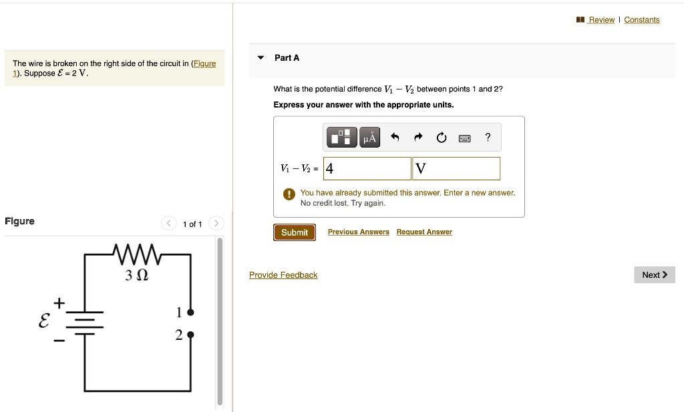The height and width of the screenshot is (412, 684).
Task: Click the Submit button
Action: click(x=294, y=232)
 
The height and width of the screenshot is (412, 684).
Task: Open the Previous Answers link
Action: click(x=358, y=232)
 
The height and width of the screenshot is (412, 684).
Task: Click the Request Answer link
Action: click(x=424, y=232)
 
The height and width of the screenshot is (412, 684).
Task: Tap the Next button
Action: click(x=654, y=275)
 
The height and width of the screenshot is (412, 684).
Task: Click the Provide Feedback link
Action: click(x=283, y=275)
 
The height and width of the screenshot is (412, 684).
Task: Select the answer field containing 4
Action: click(x=367, y=169)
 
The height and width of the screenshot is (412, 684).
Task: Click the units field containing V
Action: click(x=457, y=169)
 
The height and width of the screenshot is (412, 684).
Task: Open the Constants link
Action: click(x=641, y=20)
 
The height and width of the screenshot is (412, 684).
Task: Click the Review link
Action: click(x=601, y=20)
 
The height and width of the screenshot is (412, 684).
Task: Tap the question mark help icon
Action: click(x=488, y=138)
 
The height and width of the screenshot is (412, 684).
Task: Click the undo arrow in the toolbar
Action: click(x=395, y=138)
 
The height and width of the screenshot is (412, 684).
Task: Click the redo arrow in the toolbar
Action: click(x=418, y=138)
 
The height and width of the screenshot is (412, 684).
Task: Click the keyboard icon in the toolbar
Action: click(x=464, y=138)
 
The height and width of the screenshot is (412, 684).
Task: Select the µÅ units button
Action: click(x=369, y=138)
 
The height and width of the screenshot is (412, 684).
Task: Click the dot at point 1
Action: click(x=190, y=313)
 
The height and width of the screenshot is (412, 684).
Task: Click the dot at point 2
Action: click(x=190, y=335)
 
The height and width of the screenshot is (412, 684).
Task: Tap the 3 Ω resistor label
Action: click(x=136, y=275)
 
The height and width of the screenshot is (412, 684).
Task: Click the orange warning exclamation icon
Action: click(x=289, y=194)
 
